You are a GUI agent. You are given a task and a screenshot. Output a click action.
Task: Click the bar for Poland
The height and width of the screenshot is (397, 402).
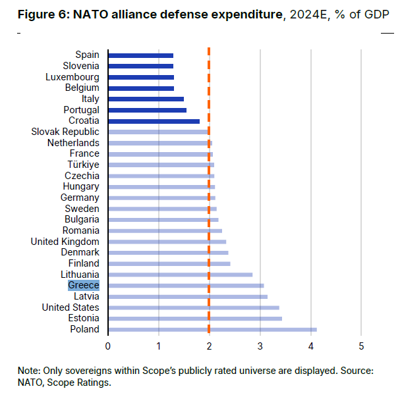click(x=212, y=329)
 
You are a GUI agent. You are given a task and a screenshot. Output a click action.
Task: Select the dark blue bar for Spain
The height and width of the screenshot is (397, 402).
click(x=140, y=55)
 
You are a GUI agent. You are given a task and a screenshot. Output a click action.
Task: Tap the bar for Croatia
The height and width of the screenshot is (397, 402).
click(x=154, y=121)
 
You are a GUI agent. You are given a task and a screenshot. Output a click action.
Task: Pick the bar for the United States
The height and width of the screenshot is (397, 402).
click(x=193, y=307)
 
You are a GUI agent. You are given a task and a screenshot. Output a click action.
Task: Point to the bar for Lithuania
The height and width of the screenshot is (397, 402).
click(x=180, y=275)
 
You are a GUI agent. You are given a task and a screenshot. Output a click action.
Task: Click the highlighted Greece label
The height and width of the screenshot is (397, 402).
click(x=84, y=285)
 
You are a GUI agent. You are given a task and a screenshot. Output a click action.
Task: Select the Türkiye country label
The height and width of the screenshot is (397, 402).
click(x=83, y=165)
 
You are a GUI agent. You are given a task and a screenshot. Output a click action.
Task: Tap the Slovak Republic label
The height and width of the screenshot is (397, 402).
click(x=65, y=132)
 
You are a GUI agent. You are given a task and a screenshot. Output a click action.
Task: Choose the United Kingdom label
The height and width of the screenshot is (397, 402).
click(x=65, y=242)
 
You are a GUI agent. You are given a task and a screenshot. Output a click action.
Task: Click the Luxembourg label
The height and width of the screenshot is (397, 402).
click(x=72, y=77)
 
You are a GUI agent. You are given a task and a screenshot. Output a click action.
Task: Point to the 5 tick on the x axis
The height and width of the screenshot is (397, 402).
click(x=361, y=345)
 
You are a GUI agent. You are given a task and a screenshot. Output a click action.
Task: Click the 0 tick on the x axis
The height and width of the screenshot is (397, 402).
click(x=108, y=345)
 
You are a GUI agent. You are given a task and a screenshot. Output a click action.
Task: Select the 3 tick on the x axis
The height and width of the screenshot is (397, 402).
click(x=260, y=345)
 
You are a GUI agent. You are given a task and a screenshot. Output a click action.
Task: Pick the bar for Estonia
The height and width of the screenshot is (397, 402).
click(x=195, y=319)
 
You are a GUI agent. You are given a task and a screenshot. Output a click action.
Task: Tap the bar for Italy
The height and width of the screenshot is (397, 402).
click(x=146, y=99)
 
